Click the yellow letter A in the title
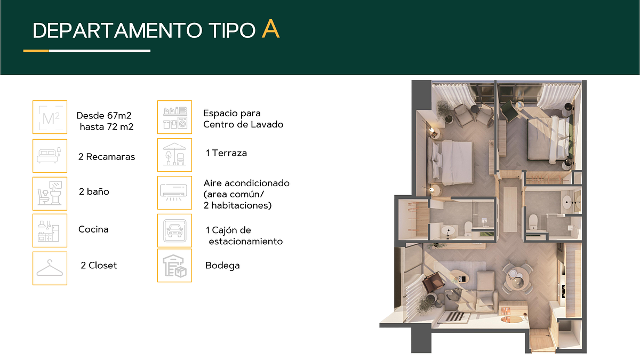pyautogui.click(x=270, y=29)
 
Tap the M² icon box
pyautogui.click(x=50, y=117)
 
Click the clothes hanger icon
pyautogui.click(x=50, y=268)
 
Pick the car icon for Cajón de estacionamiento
pyautogui.click(x=174, y=230)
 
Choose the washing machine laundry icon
pyautogui.click(x=174, y=117)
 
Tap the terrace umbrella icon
pyautogui.click(x=174, y=155)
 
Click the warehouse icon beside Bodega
pyautogui.click(x=174, y=266)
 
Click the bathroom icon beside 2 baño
pyautogui.click(x=50, y=194)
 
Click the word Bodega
pyautogui.click(x=222, y=266)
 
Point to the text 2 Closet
pyautogui.click(x=99, y=266)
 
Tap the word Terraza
pyautogui.click(x=229, y=153)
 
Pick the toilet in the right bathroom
pyautogui.click(x=533, y=222)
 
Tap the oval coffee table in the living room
pyautogui.click(x=459, y=277)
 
